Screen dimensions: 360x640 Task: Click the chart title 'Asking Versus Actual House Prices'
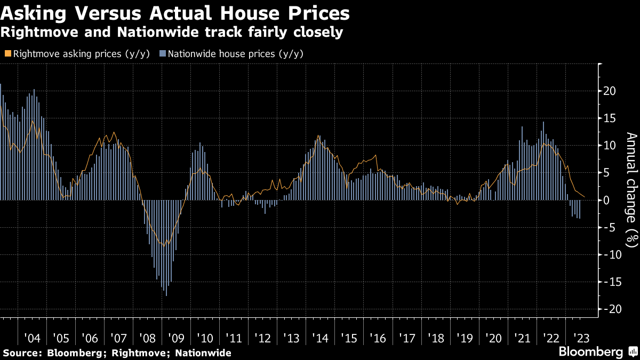pos(175,13)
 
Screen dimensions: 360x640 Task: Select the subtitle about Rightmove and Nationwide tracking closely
pos(172,32)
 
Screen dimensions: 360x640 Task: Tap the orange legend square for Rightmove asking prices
pos(7,54)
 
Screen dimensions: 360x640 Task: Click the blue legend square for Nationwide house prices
pos(163,54)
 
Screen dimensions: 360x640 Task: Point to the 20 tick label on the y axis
pos(610,91)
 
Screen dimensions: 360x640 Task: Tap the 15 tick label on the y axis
pos(610,118)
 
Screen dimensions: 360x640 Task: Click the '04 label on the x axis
pos(33,339)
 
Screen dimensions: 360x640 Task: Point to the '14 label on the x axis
pos(321,339)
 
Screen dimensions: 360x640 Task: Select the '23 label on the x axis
pos(580,339)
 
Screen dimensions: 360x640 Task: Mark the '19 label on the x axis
pos(465,339)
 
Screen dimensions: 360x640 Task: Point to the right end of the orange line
pos(585,197)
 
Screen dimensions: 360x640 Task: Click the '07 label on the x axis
pos(118,339)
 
